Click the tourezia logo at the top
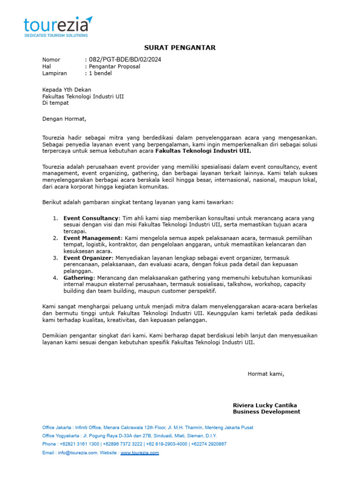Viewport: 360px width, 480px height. [x=58, y=24]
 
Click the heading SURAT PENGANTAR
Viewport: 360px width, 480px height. [x=180, y=48]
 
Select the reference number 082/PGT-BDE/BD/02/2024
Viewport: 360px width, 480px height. [x=125, y=60]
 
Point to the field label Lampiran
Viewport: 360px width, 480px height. [x=54, y=73]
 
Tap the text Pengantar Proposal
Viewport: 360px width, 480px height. [x=114, y=67]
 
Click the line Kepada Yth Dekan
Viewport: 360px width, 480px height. [x=67, y=90]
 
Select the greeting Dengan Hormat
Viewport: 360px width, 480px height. [x=64, y=119]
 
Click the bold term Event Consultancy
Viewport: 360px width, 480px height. [x=91, y=218]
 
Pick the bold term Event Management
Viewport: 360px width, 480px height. [x=92, y=238]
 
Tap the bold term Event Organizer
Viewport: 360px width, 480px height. [x=88, y=258]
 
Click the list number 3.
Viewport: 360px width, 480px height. [x=55, y=258]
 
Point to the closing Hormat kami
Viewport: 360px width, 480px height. [x=266, y=374]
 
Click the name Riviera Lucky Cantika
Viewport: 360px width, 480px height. [x=265, y=405]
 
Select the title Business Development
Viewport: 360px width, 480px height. [x=266, y=412]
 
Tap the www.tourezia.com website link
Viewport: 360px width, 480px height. [x=140, y=453]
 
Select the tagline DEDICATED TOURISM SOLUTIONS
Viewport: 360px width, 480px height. [x=56, y=35]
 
